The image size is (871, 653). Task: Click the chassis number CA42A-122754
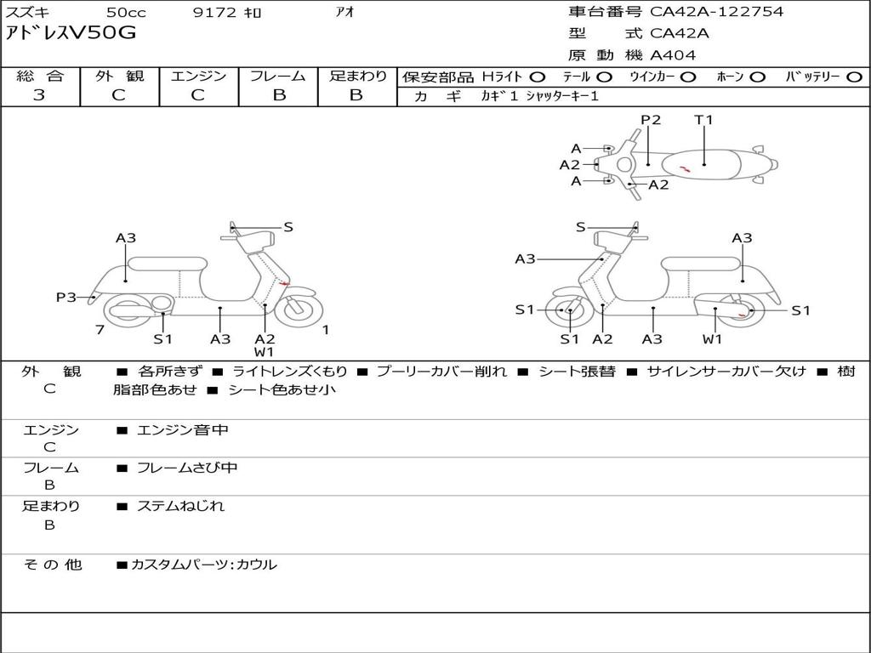[x=716, y=12]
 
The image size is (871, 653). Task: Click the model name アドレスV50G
[x=71, y=33]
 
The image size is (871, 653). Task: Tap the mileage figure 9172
[x=214, y=12]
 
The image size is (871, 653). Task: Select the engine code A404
[x=673, y=55]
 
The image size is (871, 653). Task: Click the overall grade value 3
[x=39, y=94]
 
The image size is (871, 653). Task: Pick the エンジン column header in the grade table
[x=198, y=76]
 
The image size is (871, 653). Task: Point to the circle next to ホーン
[x=758, y=77]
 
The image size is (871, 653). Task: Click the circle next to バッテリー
[x=854, y=77]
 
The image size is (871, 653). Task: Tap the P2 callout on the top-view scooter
[x=651, y=120]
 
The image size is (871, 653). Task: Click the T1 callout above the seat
[x=703, y=120]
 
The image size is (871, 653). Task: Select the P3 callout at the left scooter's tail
[x=66, y=298]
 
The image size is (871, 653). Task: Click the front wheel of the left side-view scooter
[x=299, y=308]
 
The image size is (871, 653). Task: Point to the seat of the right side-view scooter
[x=701, y=264]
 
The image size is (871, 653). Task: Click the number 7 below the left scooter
[x=100, y=330]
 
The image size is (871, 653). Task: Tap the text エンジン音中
[x=182, y=429]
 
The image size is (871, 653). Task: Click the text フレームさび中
[x=187, y=468]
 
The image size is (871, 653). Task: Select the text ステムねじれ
[x=180, y=507]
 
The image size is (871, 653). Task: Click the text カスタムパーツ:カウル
[x=204, y=565]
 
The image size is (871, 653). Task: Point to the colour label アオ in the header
[x=344, y=12]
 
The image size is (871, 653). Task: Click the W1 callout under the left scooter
[x=265, y=352]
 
